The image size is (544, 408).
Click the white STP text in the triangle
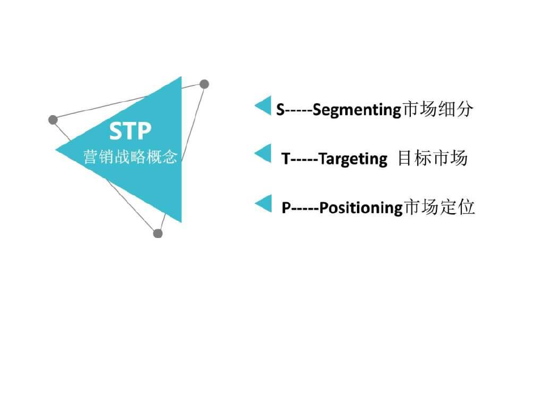click(x=130, y=131)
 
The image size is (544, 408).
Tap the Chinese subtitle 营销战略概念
click(x=130, y=156)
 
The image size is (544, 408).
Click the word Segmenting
click(x=356, y=110)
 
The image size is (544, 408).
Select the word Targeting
click(x=353, y=159)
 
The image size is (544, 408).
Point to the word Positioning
click(x=360, y=208)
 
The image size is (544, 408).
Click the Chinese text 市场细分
click(x=438, y=109)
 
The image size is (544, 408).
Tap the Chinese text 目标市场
click(x=432, y=158)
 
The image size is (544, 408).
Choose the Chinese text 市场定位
click(x=440, y=207)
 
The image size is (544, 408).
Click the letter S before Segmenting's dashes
click(x=280, y=109)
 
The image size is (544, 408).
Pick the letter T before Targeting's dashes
click(x=286, y=159)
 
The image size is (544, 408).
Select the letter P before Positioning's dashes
click(x=286, y=208)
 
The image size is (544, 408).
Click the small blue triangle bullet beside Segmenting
click(x=263, y=105)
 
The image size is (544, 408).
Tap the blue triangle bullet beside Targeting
click(x=263, y=154)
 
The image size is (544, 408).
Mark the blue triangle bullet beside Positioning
click(x=263, y=203)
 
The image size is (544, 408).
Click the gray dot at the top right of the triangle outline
click(x=205, y=84)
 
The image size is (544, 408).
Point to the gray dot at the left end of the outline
click(x=53, y=120)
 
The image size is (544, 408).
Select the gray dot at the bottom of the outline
click(x=158, y=233)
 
